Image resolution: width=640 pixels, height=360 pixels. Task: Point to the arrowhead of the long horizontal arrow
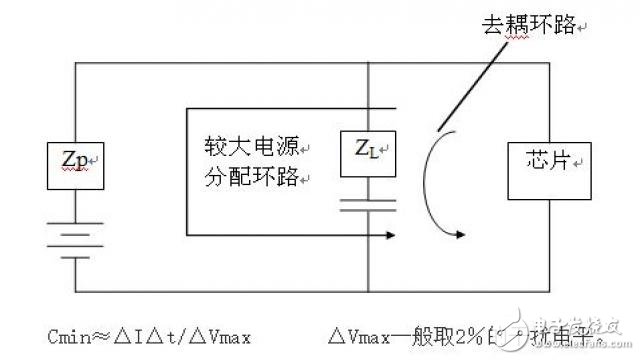(x=459, y=237)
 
